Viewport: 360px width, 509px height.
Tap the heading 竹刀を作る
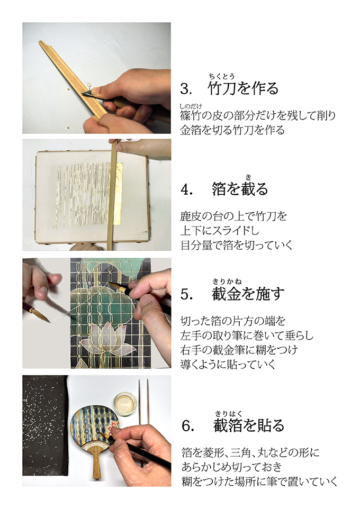click(243, 88)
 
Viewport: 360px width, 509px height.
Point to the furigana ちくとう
click(222, 77)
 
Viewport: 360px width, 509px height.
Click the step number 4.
click(186, 189)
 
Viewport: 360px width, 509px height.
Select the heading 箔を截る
click(240, 188)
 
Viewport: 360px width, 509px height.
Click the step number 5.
click(186, 294)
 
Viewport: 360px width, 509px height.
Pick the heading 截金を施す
click(248, 294)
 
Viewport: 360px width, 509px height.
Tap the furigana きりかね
click(227, 281)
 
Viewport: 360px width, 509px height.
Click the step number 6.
click(187, 426)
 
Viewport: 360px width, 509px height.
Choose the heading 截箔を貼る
click(248, 425)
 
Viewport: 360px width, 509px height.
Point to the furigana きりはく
click(228, 414)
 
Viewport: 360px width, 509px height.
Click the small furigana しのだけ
click(191, 106)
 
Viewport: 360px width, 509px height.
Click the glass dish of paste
click(125, 403)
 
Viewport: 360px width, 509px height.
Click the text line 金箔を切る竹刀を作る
click(232, 130)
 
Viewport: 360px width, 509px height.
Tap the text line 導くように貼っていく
click(228, 364)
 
